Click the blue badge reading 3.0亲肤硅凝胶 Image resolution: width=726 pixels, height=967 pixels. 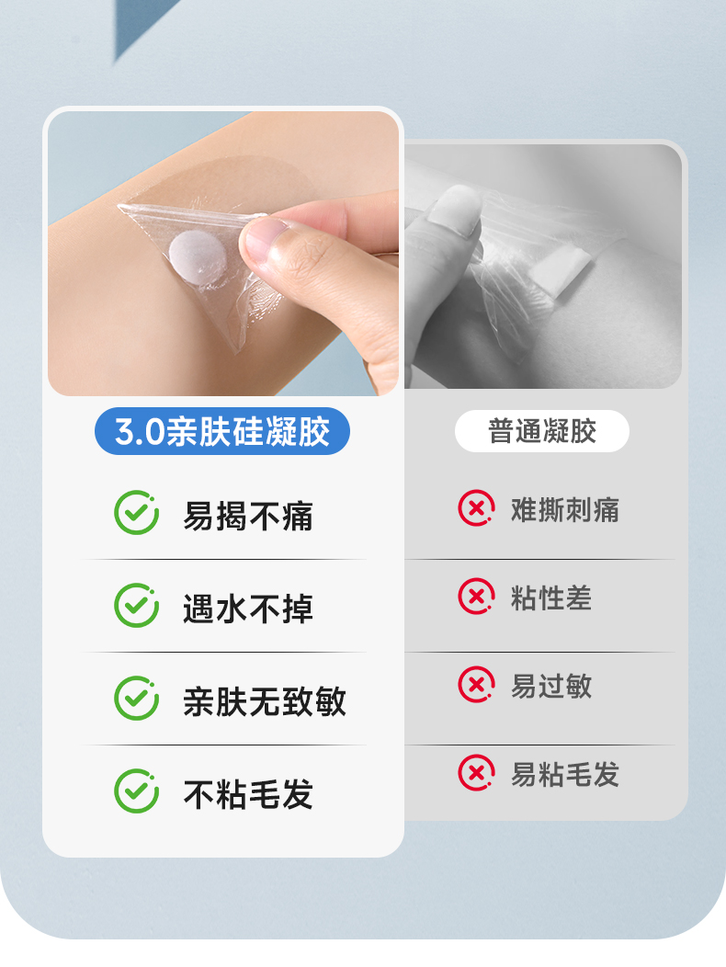[222, 431]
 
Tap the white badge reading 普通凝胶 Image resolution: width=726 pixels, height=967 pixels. [541, 431]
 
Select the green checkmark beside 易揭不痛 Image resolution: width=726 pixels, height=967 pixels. [136, 513]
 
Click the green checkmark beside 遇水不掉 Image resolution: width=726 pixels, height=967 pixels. [136, 605]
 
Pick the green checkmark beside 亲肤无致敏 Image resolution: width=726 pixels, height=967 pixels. [136, 698]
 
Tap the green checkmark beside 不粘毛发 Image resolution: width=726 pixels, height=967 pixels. [136, 791]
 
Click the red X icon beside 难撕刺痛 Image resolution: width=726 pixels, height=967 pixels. [476, 508]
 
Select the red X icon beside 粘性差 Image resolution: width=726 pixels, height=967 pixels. [476, 597]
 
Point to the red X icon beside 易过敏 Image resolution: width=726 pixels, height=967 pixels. [476, 685]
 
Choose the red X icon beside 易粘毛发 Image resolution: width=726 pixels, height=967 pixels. [476, 773]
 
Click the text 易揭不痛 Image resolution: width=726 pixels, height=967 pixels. [248, 516]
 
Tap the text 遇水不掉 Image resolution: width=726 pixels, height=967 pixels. [248, 609]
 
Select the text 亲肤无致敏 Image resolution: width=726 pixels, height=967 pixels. [265, 701]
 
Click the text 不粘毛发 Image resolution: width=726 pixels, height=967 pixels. [248, 794]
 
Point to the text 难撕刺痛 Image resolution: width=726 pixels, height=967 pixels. [564, 510]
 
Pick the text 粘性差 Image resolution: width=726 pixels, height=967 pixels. [550, 598]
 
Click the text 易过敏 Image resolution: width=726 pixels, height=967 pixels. [550, 687]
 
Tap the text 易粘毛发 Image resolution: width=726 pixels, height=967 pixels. [564, 775]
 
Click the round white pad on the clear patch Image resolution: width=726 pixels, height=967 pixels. [198, 257]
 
